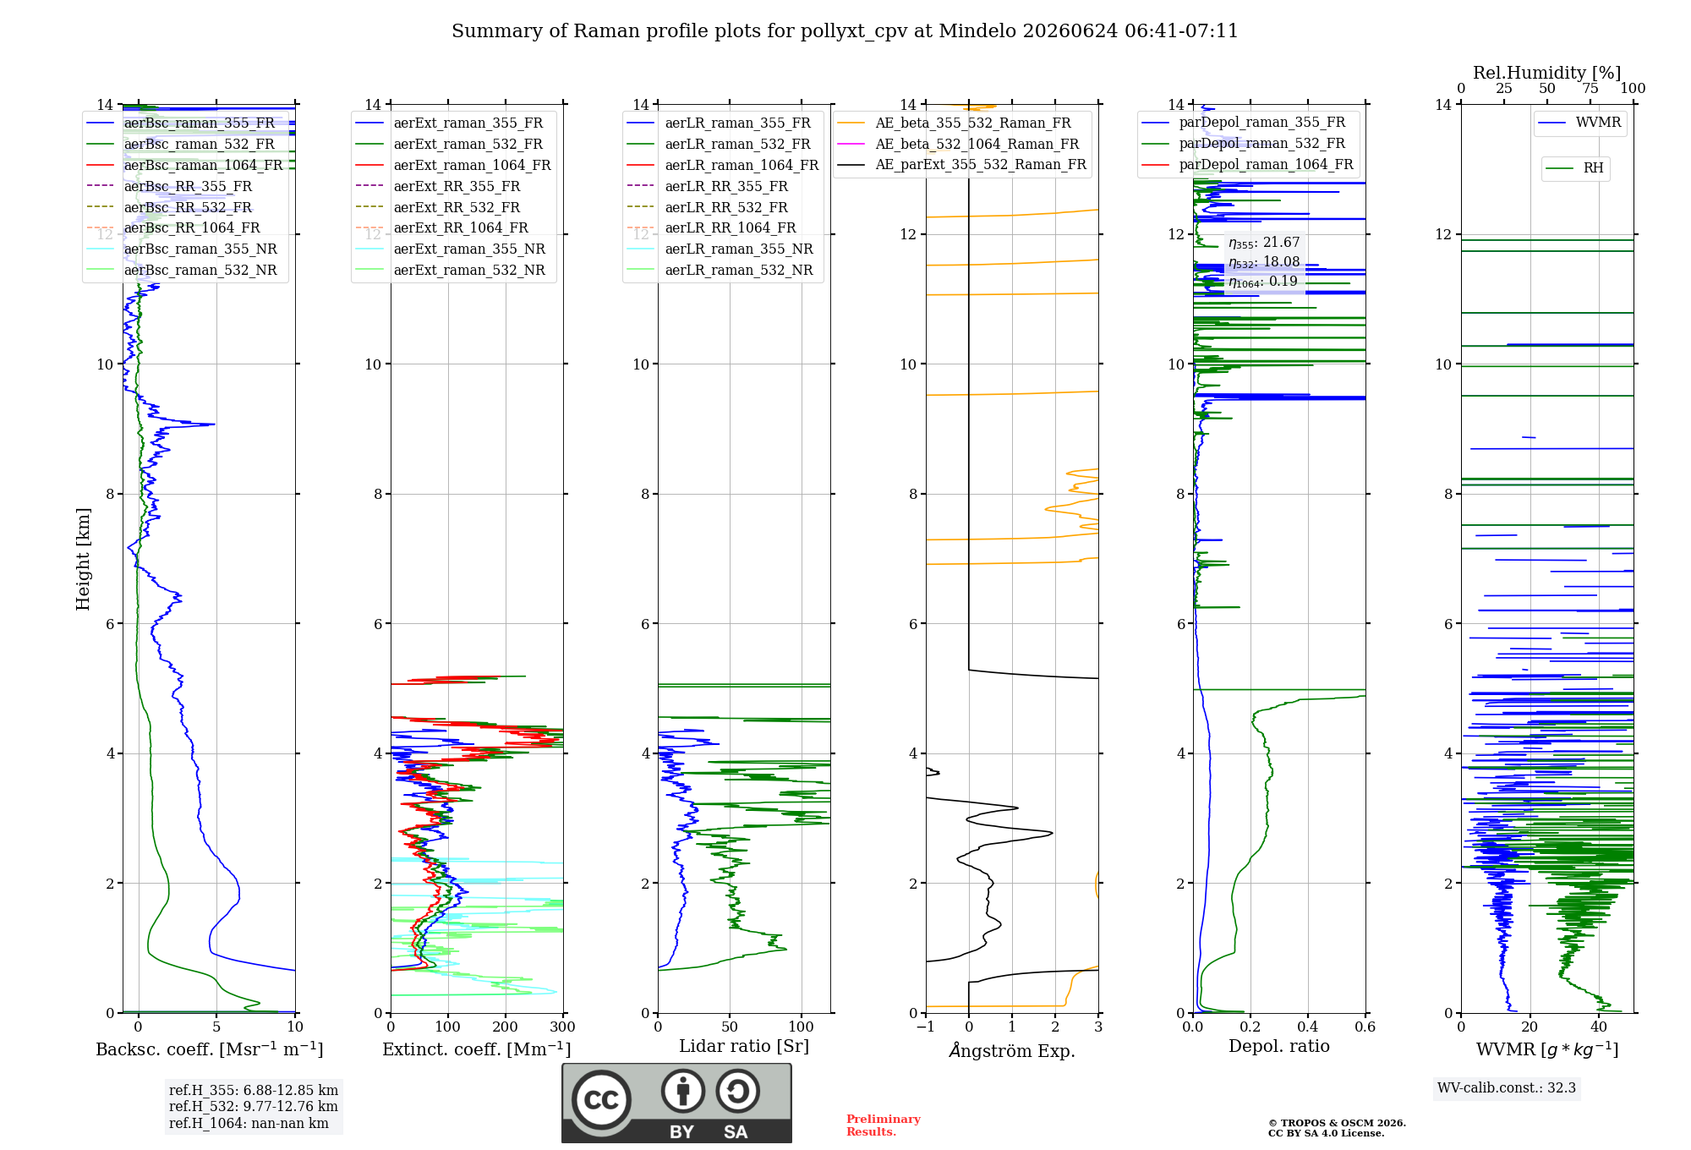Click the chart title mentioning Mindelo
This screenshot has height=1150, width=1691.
pos(845,31)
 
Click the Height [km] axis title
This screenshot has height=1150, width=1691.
pos(83,559)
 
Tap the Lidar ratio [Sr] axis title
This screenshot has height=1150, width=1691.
pos(744,1046)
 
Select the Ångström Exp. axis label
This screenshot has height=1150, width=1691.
pos(1012,1050)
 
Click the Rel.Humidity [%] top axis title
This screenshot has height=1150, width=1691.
pos(1547,73)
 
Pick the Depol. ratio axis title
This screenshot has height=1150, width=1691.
pos(1279,1046)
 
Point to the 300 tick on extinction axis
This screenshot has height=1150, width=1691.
pos(563,1027)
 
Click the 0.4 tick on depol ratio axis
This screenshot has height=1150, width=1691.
pos(1308,1027)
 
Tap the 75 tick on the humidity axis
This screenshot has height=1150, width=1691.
pos(1590,89)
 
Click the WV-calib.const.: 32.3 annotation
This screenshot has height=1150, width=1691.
pos(1507,1087)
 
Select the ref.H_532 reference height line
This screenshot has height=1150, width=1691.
pos(253,1106)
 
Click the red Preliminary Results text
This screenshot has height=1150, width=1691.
pos(884,1125)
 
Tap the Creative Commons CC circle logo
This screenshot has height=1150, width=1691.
pos(601,1099)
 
